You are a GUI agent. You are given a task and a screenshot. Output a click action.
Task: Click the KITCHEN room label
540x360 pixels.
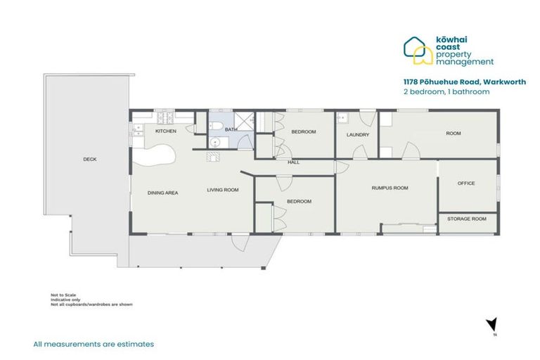[165, 131]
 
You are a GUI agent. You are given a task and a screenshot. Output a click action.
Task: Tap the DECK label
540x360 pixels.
[89, 160]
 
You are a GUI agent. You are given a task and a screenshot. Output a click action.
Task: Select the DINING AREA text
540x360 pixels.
[161, 192]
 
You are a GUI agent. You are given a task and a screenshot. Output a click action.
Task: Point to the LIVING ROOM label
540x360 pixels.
[222, 190]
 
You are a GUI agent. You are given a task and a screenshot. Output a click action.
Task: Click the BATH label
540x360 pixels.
[231, 130]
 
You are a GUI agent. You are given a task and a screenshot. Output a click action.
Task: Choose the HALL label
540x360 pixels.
[293, 162]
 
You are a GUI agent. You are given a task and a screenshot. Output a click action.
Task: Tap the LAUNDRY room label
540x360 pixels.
[357, 135]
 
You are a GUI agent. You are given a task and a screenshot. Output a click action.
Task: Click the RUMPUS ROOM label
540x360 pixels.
[390, 188]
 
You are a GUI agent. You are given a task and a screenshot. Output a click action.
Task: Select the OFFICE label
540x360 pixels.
[466, 184]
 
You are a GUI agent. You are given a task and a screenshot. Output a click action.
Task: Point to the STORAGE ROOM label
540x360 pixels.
[466, 219]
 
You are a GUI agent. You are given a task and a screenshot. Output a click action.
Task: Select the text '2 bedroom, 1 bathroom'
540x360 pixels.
[446, 91]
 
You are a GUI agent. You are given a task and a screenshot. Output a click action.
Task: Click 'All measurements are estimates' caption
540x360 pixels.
[94, 345]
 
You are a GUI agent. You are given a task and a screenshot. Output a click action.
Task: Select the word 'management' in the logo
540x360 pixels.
[465, 62]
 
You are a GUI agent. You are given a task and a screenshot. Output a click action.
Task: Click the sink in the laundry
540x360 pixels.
[342, 117]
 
